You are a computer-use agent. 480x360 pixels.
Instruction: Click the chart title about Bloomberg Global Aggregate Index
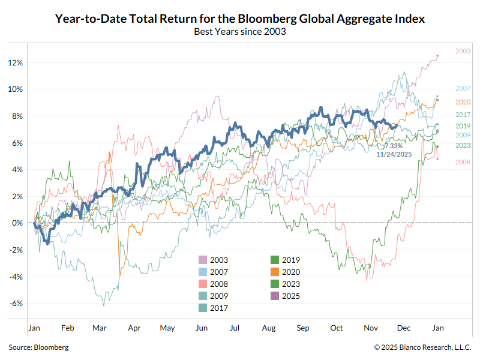coord(240,19)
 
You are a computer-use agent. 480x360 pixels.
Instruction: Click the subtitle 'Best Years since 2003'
coord(240,31)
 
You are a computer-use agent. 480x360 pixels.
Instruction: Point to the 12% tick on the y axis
coord(16,63)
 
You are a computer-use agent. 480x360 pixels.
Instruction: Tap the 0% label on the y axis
coord(17,223)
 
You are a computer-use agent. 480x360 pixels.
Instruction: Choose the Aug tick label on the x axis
coord(269,328)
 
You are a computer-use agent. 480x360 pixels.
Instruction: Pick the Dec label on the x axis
coord(404,328)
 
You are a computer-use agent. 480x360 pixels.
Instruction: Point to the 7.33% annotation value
coord(394,146)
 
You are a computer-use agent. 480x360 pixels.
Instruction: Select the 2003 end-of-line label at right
coord(463,52)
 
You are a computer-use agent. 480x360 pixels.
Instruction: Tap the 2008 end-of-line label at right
coord(463,163)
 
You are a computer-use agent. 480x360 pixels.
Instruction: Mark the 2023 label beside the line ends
coord(463,145)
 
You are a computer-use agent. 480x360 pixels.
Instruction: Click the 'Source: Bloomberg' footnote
coord(38,347)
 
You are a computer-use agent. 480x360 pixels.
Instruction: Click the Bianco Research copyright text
coord(422,347)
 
